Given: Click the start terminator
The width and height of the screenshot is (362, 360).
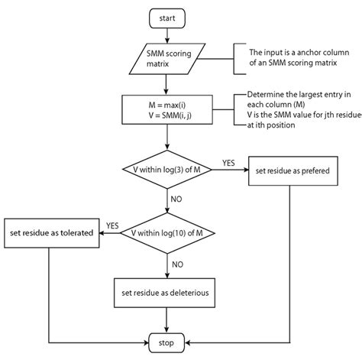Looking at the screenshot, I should (x=166, y=16).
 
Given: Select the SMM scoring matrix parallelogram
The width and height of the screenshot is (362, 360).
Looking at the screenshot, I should (x=166, y=58).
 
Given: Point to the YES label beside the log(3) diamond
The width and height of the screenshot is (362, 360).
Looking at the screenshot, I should (x=228, y=162).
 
